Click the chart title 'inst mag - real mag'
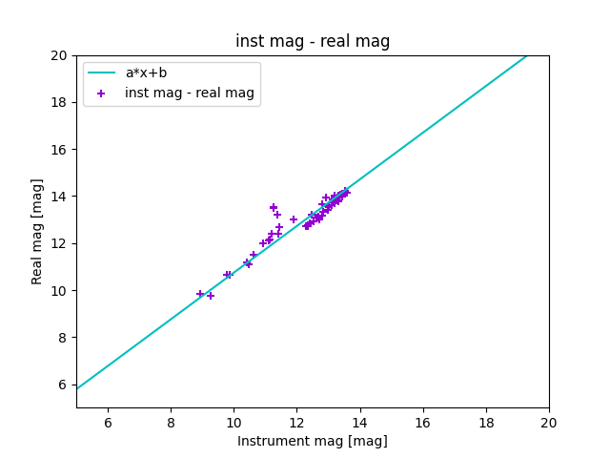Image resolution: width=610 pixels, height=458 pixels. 313,41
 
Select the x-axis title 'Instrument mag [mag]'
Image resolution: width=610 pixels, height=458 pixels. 313,441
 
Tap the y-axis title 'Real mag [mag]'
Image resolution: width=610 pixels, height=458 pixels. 38,231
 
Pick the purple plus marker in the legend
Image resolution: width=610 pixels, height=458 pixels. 101,94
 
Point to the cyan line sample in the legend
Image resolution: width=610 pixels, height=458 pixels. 101,73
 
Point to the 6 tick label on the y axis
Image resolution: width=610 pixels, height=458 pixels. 64,385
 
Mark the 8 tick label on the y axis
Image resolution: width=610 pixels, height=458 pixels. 64,338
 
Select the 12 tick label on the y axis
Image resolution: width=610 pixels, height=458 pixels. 60,243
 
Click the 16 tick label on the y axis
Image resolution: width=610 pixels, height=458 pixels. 60,150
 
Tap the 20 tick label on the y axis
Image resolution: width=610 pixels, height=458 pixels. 60,55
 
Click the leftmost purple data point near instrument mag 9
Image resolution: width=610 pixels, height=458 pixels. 200,294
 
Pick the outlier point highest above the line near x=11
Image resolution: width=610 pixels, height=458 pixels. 274,207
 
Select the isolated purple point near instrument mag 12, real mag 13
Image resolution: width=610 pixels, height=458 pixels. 294,219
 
